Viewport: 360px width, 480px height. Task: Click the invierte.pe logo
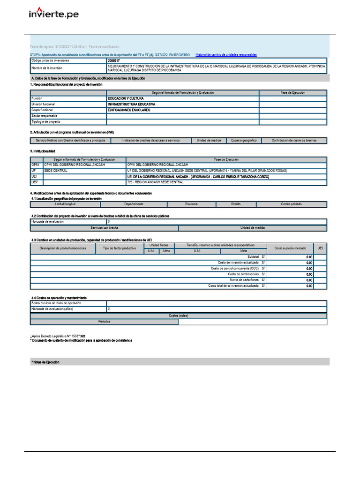click(53, 14)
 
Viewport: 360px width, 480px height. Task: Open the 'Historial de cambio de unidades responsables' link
click(226, 55)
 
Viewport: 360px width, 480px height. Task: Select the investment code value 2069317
click(113, 61)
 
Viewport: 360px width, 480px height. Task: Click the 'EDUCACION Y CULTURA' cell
click(126, 98)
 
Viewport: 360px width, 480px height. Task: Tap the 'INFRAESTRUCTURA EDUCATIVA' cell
click(131, 104)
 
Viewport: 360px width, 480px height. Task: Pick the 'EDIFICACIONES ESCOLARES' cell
click(129, 110)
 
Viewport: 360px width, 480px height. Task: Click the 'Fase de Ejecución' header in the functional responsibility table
click(292, 93)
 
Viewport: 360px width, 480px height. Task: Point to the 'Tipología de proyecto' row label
click(46, 121)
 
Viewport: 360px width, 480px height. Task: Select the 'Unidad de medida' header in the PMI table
click(209, 141)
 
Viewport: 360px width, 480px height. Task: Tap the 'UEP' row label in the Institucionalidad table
click(34, 182)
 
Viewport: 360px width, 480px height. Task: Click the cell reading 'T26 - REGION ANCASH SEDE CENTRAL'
click(155, 182)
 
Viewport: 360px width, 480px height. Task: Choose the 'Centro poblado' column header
click(292, 204)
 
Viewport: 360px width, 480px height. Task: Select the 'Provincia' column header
click(191, 204)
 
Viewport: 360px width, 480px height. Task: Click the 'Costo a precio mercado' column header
click(290, 248)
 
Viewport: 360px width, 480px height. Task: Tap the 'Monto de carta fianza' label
click(244, 280)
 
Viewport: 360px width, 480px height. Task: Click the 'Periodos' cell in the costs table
click(105, 322)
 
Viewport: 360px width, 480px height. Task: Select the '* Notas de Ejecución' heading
click(45, 362)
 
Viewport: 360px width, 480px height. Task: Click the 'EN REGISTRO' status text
click(180, 55)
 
